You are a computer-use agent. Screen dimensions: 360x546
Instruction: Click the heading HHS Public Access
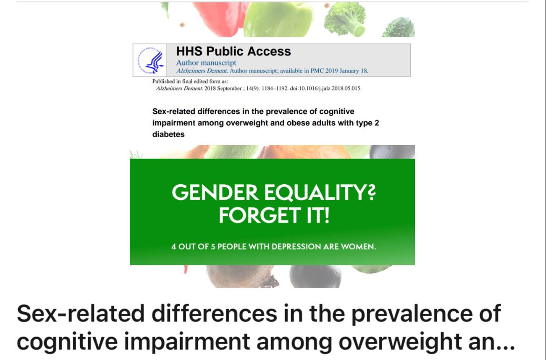(x=233, y=51)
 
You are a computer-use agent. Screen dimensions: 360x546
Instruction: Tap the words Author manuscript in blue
(x=206, y=62)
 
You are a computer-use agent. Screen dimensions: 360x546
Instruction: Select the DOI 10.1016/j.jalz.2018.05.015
(x=316, y=88)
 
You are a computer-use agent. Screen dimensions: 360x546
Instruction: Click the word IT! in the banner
(x=317, y=215)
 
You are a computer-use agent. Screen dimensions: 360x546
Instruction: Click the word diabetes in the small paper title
(x=168, y=134)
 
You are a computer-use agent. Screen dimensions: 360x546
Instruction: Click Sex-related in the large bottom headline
(x=70, y=313)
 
